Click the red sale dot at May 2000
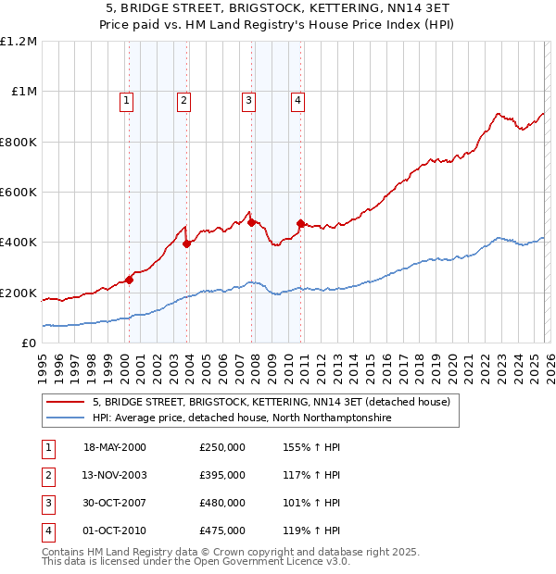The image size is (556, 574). [130, 281]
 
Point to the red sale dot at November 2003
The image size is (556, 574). [187, 244]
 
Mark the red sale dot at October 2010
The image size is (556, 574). [300, 223]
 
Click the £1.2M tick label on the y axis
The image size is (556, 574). [19, 42]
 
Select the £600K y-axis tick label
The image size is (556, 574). [19, 193]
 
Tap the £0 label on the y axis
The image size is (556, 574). [29, 343]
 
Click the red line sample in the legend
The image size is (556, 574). [65, 402]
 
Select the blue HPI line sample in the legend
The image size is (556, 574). [65, 418]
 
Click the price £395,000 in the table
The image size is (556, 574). [221, 475]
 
